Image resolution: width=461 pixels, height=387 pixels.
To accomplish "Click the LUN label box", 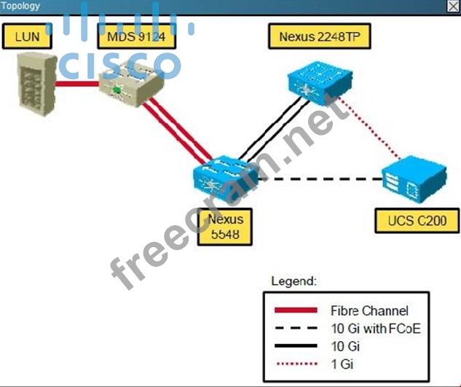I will (27, 36).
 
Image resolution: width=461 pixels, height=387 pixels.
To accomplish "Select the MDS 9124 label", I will (135, 36).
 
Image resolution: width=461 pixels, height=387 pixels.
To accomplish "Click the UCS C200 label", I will (417, 220).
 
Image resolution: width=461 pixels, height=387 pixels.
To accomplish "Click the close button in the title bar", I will (453, 7).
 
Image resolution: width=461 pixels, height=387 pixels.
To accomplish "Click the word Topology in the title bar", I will (21, 7).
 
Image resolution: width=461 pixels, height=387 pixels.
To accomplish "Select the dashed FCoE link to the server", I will (320, 179).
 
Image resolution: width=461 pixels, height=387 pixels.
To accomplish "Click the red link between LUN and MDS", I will (77, 84).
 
